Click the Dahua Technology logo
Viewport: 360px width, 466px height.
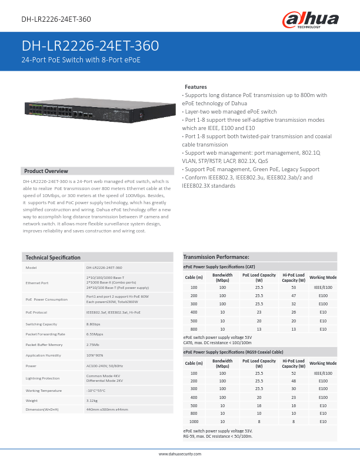pyautogui.click(x=311, y=21)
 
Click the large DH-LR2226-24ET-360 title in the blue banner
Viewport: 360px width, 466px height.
pyautogui.click(x=90, y=46)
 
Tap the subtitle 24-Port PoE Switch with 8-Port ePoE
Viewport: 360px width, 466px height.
pyautogui.click(x=81, y=60)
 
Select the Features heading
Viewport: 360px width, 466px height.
pyautogui.click(x=195, y=86)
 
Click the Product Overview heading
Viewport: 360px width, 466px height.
pyautogui.click(x=46, y=171)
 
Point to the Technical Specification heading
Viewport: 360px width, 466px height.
pyautogui.click(x=53, y=257)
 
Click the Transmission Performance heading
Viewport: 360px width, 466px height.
pyautogui.click(x=216, y=257)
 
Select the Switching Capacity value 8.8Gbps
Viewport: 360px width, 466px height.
pyautogui.click(x=94, y=324)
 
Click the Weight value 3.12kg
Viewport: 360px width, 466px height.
pyautogui.click(x=92, y=401)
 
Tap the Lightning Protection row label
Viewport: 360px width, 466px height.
pyautogui.click(x=42, y=378)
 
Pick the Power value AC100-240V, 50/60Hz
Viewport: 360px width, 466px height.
pyautogui.click(x=104, y=365)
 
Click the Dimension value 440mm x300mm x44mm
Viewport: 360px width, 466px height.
pyautogui.click(x=106, y=409)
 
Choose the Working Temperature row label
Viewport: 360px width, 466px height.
pyautogui.click(x=44, y=391)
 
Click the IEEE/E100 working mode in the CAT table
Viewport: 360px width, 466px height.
pyautogui.click(x=323, y=287)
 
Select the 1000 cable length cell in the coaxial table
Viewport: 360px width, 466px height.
pyautogui.click(x=194, y=422)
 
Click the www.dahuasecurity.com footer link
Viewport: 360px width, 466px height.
pyautogui.click(x=180, y=454)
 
